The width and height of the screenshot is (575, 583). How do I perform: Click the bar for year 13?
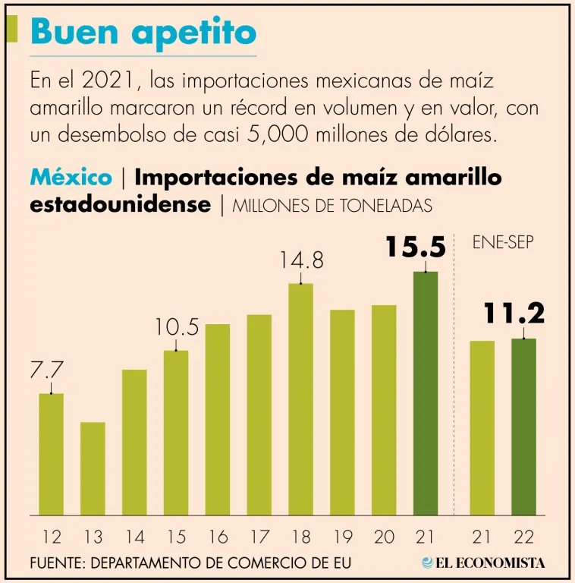(93, 468)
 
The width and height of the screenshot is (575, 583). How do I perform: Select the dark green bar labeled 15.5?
(426, 393)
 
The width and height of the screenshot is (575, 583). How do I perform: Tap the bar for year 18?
(300, 399)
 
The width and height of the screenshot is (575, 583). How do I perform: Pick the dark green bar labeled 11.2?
(523, 427)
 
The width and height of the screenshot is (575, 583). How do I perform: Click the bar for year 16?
(218, 420)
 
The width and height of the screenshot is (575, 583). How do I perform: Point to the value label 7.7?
(46, 371)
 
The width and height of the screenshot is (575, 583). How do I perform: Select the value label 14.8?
(301, 260)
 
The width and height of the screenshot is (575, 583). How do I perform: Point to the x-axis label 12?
(52, 537)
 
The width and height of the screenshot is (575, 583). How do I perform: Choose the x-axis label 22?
(523, 537)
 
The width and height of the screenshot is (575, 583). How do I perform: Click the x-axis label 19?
(343, 537)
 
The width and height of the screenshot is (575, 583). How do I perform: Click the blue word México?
(71, 178)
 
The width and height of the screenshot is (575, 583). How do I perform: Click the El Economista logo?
(483, 563)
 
